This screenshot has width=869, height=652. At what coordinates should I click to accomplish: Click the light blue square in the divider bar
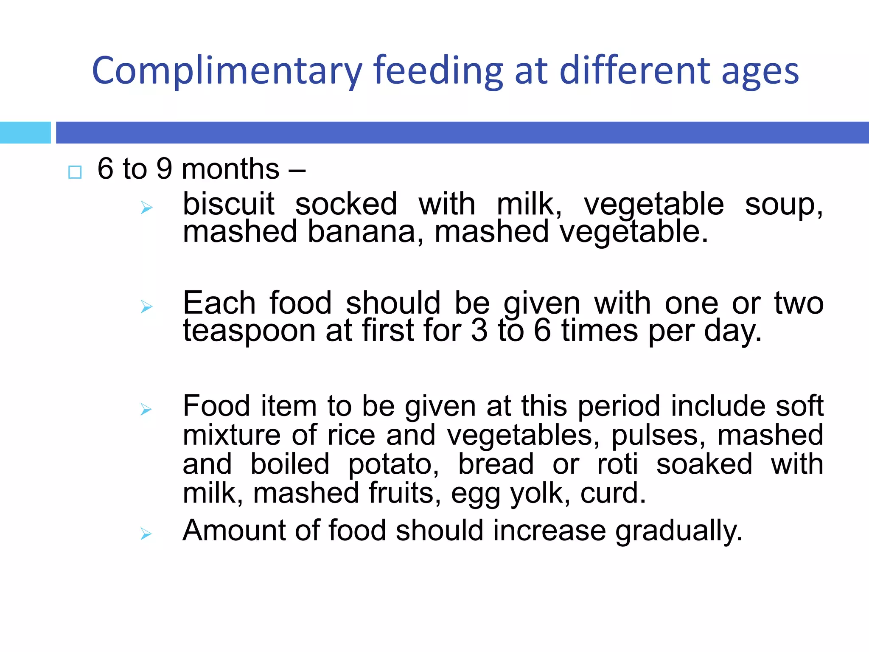[x=25, y=132]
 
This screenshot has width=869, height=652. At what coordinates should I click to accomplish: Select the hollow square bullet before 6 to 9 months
[x=75, y=172]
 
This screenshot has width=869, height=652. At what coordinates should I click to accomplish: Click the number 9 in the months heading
[x=164, y=169]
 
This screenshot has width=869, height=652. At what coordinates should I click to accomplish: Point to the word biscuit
[x=228, y=204]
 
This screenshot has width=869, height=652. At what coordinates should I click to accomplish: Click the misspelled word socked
[x=346, y=204]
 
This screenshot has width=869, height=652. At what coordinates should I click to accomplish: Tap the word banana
[x=362, y=232]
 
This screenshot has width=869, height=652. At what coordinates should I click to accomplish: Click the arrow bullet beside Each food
[x=146, y=306]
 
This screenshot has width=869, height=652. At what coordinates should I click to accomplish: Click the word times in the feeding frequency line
[x=600, y=331]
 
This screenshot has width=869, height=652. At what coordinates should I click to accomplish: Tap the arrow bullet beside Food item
[x=146, y=409]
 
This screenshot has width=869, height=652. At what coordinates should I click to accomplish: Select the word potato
[x=393, y=465]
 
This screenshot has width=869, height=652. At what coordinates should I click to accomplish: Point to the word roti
[x=617, y=464]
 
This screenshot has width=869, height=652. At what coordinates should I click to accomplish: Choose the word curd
[x=613, y=493]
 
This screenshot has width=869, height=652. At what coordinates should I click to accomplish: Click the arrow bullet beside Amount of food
[x=146, y=534]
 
